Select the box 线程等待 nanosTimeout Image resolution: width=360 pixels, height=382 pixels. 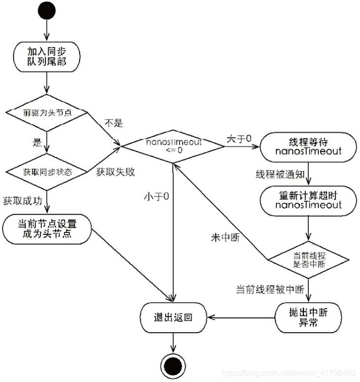pos(308,146)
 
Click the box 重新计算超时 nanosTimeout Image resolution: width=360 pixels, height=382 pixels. pos(308,200)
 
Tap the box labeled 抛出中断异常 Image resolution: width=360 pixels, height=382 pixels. pos(308,318)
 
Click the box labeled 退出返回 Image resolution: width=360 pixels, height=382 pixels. pos(174,318)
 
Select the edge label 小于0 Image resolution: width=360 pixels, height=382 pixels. pos(156,197)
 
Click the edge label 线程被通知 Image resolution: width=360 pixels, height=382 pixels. pos(278,174)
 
